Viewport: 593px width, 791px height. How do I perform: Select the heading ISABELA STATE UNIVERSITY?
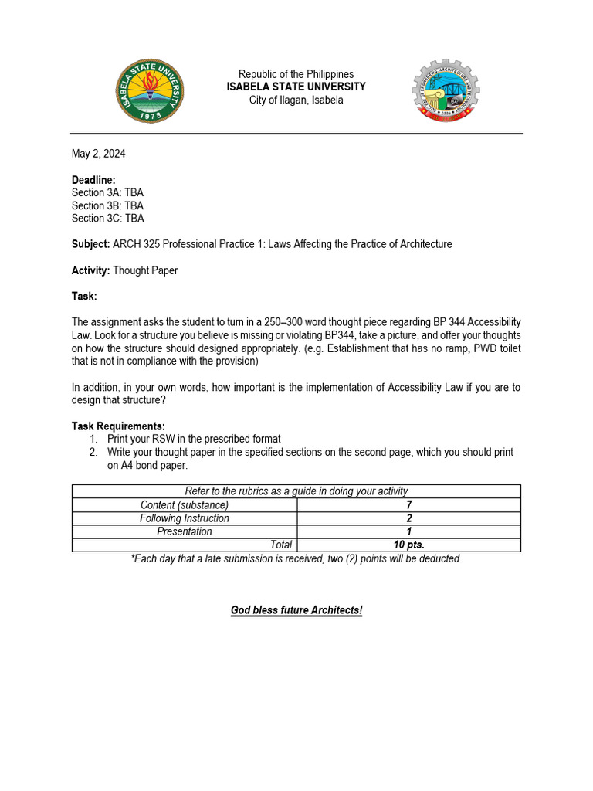tap(296, 87)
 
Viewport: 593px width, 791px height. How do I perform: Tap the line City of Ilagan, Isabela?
tap(296, 100)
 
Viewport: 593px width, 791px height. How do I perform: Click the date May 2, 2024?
tap(98, 154)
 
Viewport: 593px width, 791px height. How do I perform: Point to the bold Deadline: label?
tap(93, 179)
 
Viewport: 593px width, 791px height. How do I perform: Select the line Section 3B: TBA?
tap(107, 205)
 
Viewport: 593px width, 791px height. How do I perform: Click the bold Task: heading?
tap(84, 296)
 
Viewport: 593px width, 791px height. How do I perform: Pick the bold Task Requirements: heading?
tap(118, 426)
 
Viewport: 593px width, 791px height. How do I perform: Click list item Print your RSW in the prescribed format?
tap(194, 439)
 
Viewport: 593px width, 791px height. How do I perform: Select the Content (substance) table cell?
tap(185, 504)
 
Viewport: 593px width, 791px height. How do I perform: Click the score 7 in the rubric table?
tap(408, 504)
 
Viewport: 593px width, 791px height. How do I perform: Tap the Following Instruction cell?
tap(185, 518)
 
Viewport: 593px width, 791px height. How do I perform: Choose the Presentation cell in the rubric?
tap(185, 531)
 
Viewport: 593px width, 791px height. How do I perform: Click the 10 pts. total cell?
tap(408, 545)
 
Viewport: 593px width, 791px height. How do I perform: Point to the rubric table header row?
tap(296, 491)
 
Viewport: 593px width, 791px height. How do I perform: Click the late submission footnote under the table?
tap(296, 558)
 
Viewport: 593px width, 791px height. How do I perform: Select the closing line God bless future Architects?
tap(296, 610)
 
